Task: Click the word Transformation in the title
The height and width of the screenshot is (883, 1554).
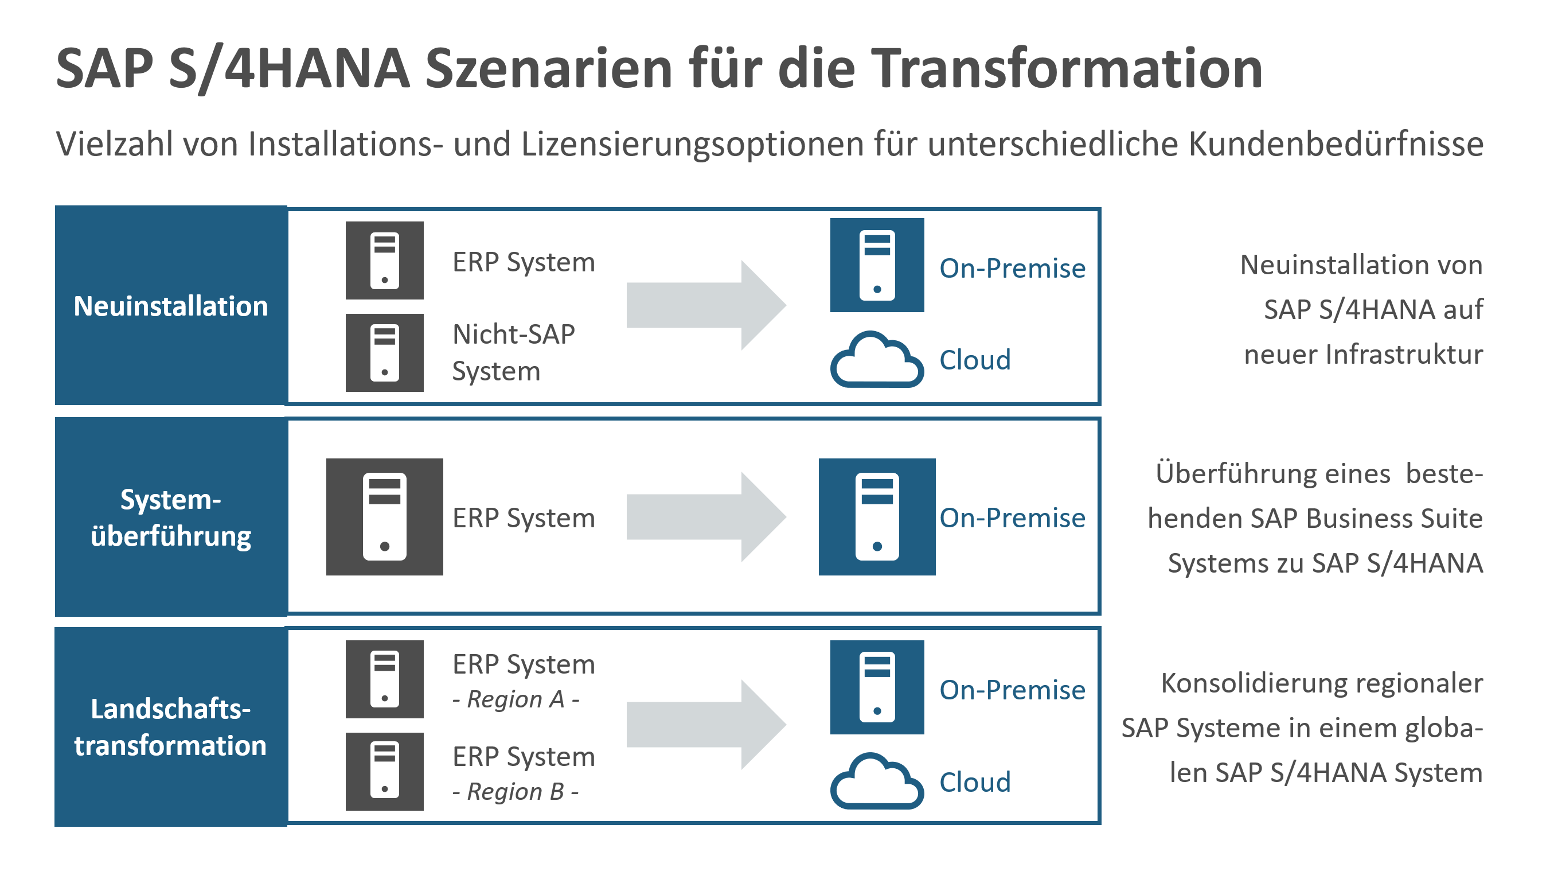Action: coord(1067,68)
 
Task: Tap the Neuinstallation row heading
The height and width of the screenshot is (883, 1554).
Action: coord(170,306)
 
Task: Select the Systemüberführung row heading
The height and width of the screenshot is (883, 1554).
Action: coord(170,518)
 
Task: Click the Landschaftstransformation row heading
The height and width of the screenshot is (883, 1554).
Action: coord(170,726)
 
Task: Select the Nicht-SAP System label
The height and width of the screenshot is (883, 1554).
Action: coord(513,352)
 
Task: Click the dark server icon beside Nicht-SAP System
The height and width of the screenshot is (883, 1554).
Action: coord(384,352)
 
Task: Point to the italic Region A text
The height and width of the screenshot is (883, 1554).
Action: coord(516,699)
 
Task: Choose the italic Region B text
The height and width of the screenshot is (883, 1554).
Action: coord(516,791)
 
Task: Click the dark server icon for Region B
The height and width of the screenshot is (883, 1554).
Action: coord(384,772)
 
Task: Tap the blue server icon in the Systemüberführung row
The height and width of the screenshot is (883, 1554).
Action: coord(876,517)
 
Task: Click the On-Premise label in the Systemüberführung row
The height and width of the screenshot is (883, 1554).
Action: coord(1012,518)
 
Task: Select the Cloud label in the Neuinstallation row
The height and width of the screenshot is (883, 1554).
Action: coord(975,360)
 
